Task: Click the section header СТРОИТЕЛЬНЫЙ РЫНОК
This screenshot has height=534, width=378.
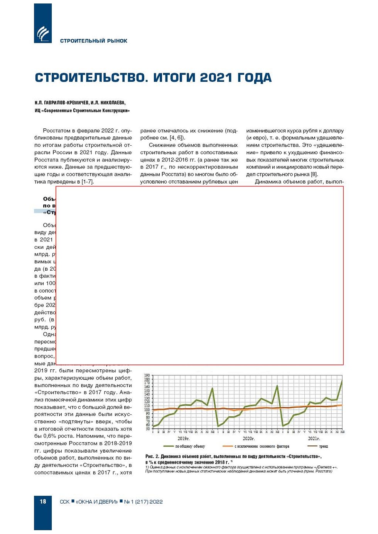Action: click(93, 41)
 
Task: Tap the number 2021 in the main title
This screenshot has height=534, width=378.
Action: click(216, 77)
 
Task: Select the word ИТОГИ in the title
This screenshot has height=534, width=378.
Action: click(174, 77)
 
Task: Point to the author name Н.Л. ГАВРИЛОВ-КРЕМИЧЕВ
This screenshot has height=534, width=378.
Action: click(61, 103)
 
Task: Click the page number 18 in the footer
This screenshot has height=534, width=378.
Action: click(43, 502)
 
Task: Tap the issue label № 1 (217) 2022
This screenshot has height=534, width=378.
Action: click(143, 502)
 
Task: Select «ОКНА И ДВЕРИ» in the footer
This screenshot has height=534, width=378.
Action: click(97, 502)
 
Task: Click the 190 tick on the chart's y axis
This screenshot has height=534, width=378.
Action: click(147, 376)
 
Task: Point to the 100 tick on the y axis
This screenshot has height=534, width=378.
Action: click(147, 410)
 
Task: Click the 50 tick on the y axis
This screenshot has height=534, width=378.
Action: click(148, 429)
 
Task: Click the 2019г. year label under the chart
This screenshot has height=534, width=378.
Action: click(183, 439)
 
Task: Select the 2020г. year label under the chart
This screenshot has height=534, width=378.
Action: click(248, 439)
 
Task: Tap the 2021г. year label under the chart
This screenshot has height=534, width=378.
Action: click(314, 439)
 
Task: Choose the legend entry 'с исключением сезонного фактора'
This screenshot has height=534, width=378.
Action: click(262, 446)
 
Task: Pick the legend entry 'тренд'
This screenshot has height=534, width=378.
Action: click(323, 446)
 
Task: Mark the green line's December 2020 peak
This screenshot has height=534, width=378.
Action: click(277, 386)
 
